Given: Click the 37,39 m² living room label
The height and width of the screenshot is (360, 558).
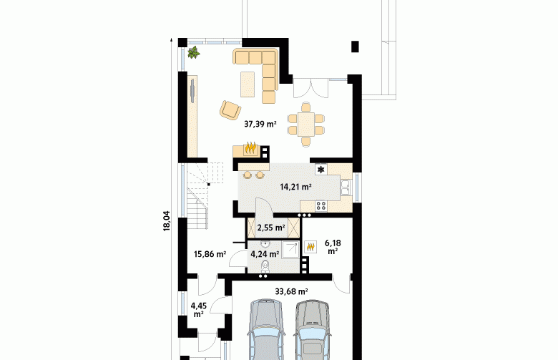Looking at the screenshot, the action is pos(260,124).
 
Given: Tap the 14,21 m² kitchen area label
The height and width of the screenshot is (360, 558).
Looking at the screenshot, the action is pos(295,187).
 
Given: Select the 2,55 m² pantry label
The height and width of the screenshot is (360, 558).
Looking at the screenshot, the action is pos(271,228).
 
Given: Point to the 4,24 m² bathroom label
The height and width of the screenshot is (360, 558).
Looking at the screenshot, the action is pos(265,254).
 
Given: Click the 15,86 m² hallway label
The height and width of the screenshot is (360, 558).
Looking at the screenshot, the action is pos(210,254).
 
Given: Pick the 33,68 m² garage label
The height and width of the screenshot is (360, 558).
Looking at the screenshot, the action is pos(291,291).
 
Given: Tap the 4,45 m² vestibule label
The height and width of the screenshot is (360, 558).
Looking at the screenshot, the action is pos(199,310).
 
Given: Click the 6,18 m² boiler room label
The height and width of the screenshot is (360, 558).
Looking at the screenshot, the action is pos(333,247).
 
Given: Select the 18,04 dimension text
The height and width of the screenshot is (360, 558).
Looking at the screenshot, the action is pos(167,221).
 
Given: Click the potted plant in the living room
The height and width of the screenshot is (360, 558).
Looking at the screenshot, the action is pos(194,52).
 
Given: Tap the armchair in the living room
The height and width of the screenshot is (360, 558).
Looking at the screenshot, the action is pos(230,110).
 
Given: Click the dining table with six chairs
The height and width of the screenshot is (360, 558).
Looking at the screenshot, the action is pos(305,125).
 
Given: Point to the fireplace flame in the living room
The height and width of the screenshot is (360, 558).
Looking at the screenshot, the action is pos(251,147).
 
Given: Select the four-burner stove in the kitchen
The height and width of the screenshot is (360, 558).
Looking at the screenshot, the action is pos(321,205).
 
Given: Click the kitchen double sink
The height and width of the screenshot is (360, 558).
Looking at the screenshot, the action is pos(346,188).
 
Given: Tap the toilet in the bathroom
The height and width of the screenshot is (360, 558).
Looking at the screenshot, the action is pos(265,266).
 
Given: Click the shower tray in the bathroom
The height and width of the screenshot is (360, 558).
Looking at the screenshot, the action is pos(290,250).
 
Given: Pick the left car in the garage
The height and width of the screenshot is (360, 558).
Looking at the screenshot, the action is pos(267,329).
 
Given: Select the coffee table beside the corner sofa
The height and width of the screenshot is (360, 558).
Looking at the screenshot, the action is pos(248,84).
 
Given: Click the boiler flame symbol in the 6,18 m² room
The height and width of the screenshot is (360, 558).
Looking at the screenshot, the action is pos(310,247).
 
